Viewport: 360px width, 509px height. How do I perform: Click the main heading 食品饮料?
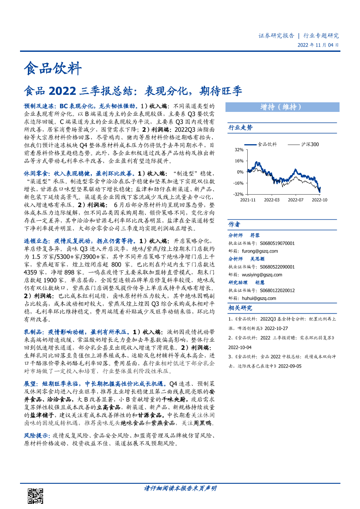point(52,68)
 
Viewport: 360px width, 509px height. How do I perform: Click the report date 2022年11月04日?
point(318,45)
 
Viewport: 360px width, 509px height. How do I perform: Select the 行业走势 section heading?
point(240,128)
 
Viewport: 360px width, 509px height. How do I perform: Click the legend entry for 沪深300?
point(310,144)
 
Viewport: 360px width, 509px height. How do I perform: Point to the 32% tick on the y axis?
point(239,150)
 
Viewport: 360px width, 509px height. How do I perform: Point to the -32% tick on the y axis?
point(238,194)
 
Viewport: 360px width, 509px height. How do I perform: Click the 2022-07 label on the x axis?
point(296,200)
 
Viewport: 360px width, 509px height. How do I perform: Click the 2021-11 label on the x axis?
point(248,200)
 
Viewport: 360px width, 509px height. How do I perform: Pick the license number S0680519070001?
point(277,243)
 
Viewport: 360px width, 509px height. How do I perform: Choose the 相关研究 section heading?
point(240,308)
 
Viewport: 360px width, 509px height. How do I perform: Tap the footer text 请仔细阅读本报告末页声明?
point(180,488)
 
